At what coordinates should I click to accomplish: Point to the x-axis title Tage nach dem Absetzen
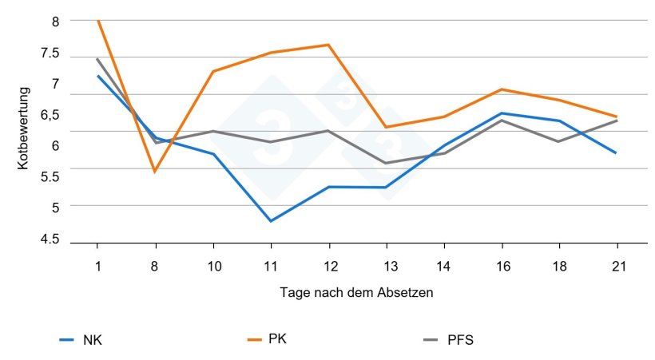(356, 293)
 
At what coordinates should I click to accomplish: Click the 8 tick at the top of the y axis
(56, 22)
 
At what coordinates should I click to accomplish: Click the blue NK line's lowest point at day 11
(271, 221)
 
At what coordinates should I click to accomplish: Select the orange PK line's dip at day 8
(155, 172)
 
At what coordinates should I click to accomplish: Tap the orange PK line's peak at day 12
(328, 45)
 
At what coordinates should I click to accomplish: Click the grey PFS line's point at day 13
(386, 164)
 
